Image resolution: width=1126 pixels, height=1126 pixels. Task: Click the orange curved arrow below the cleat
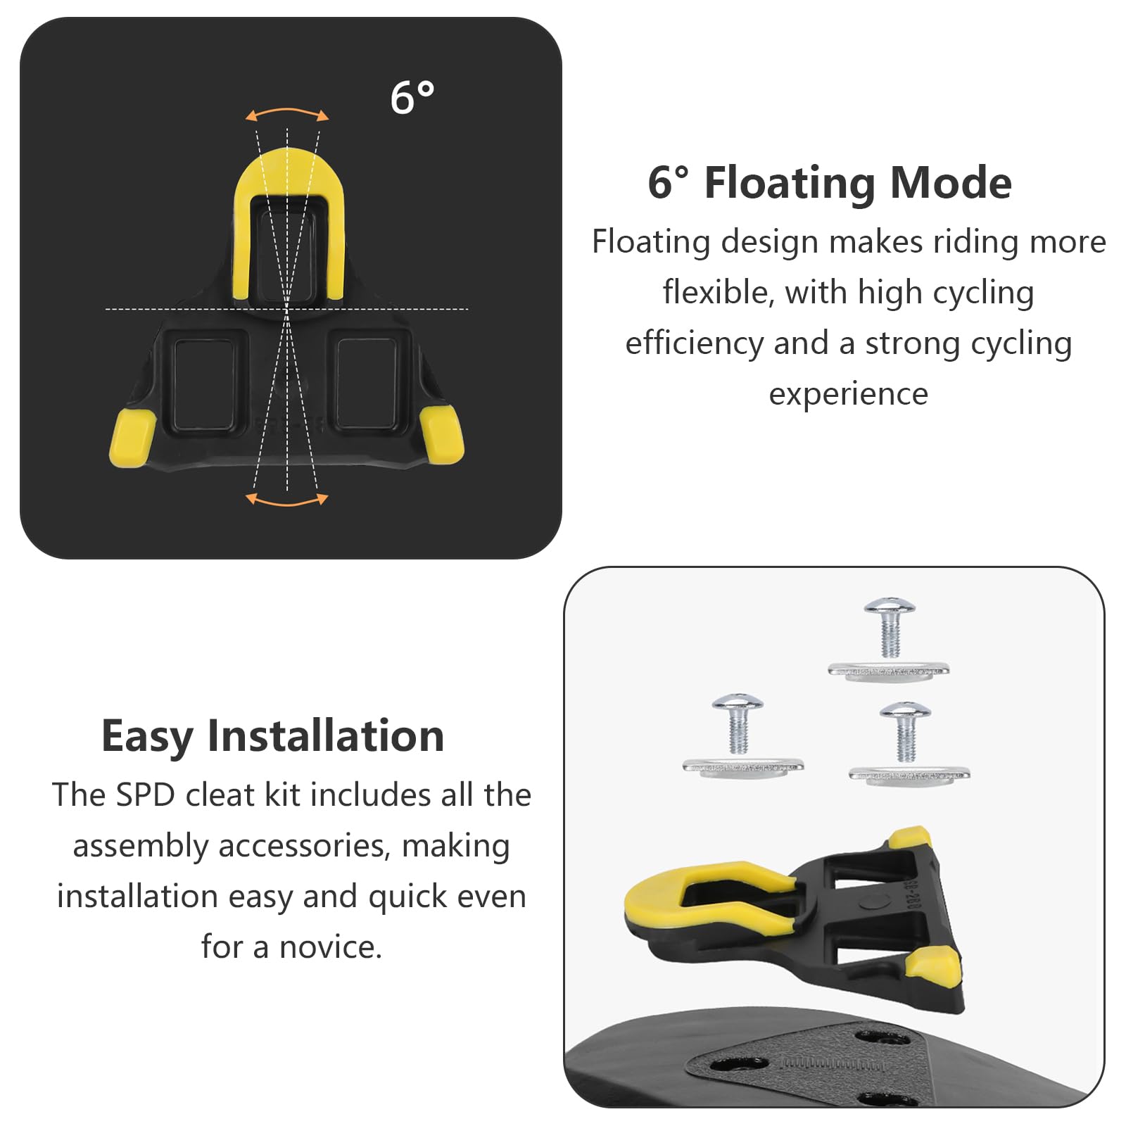click(x=286, y=502)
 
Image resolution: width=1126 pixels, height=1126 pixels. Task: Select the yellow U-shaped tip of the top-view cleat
click(x=288, y=176)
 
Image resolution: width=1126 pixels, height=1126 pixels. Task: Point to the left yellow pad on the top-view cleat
click(x=132, y=438)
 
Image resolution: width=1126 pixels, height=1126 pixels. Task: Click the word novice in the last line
click(x=331, y=947)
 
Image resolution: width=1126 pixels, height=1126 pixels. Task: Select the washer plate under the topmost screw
click(x=889, y=671)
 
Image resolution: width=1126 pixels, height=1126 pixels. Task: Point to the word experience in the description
click(x=848, y=395)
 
